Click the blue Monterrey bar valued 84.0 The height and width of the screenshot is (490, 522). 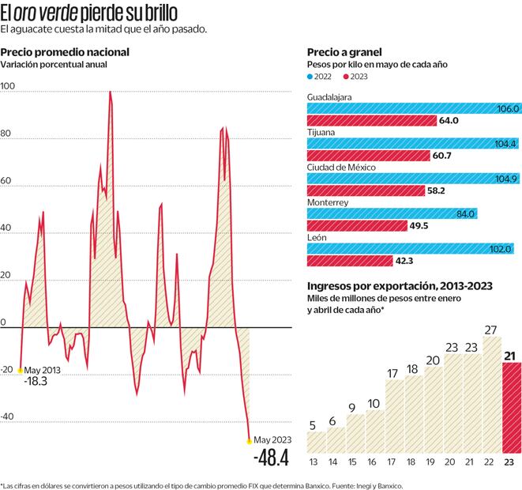pyautogui.click(x=392, y=214)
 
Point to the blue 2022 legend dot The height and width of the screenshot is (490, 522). pyautogui.click(x=310, y=77)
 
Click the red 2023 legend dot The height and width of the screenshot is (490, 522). pyautogui.click(x=345, y=77)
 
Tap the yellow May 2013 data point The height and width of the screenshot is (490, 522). pyautogui.click(x=20, y=370)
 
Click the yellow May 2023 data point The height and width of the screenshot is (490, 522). pyautogui.click(x=250, y=441)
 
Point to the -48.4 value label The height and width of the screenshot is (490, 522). pyautogui.click(x=271, y=458)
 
